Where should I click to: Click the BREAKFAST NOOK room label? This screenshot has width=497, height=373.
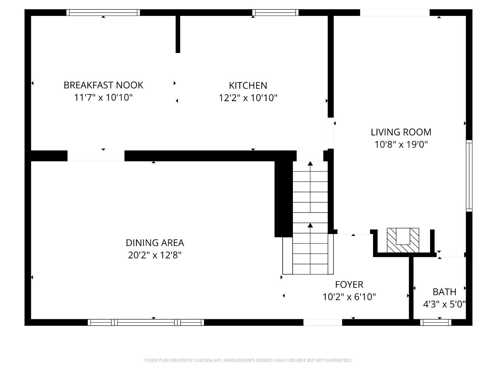[103, 85]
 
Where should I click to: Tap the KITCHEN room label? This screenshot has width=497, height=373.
[248, 86]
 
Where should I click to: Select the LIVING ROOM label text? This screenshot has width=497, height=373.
[401, 132]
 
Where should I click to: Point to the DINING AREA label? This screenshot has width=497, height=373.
[155, 243]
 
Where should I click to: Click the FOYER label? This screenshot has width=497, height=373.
[349, 284]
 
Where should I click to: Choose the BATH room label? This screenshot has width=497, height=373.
[444, 292]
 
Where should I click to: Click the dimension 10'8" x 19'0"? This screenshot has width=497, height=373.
[401, 145]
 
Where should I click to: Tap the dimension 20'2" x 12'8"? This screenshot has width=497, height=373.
[155, 255]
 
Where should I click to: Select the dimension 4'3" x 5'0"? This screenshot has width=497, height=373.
[444, 304]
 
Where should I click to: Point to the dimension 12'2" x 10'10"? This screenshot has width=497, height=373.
[248, 98]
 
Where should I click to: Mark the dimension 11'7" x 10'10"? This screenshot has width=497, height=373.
[103, 98]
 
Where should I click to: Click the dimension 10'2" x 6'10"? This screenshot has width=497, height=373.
[349, 297]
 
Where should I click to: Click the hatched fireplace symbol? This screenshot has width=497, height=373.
[403, 240]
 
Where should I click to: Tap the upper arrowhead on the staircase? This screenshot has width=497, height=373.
[310, 163]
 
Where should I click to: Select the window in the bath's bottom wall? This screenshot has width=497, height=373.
[436, 322]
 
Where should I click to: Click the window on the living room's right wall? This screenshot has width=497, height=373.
[469, 176]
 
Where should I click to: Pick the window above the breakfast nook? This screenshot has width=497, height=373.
[103, 13]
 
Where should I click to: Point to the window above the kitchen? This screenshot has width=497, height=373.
[275, 13]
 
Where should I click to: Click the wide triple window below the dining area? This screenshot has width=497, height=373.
[146, 322]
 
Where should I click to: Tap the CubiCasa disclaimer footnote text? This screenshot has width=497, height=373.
[248, 360]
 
